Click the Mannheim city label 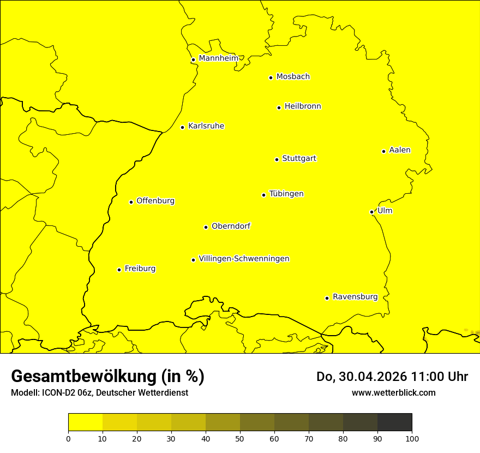[218, 58]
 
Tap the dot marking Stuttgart [277, 159]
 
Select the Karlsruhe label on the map [206, 126]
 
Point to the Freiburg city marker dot [119, 270]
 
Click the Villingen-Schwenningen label [244, 259]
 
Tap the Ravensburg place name [355, 297]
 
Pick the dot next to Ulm [371, 212]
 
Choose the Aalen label [400, 150]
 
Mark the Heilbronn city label [303, 106]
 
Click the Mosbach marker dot [271, 78]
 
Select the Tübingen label [286, 194]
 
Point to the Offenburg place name [155, 201]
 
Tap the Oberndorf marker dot [206, 227]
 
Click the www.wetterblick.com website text [393, 392]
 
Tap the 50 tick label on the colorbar [240, 438]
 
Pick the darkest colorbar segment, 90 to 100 [394, 422]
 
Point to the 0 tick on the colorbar [68, 438]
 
